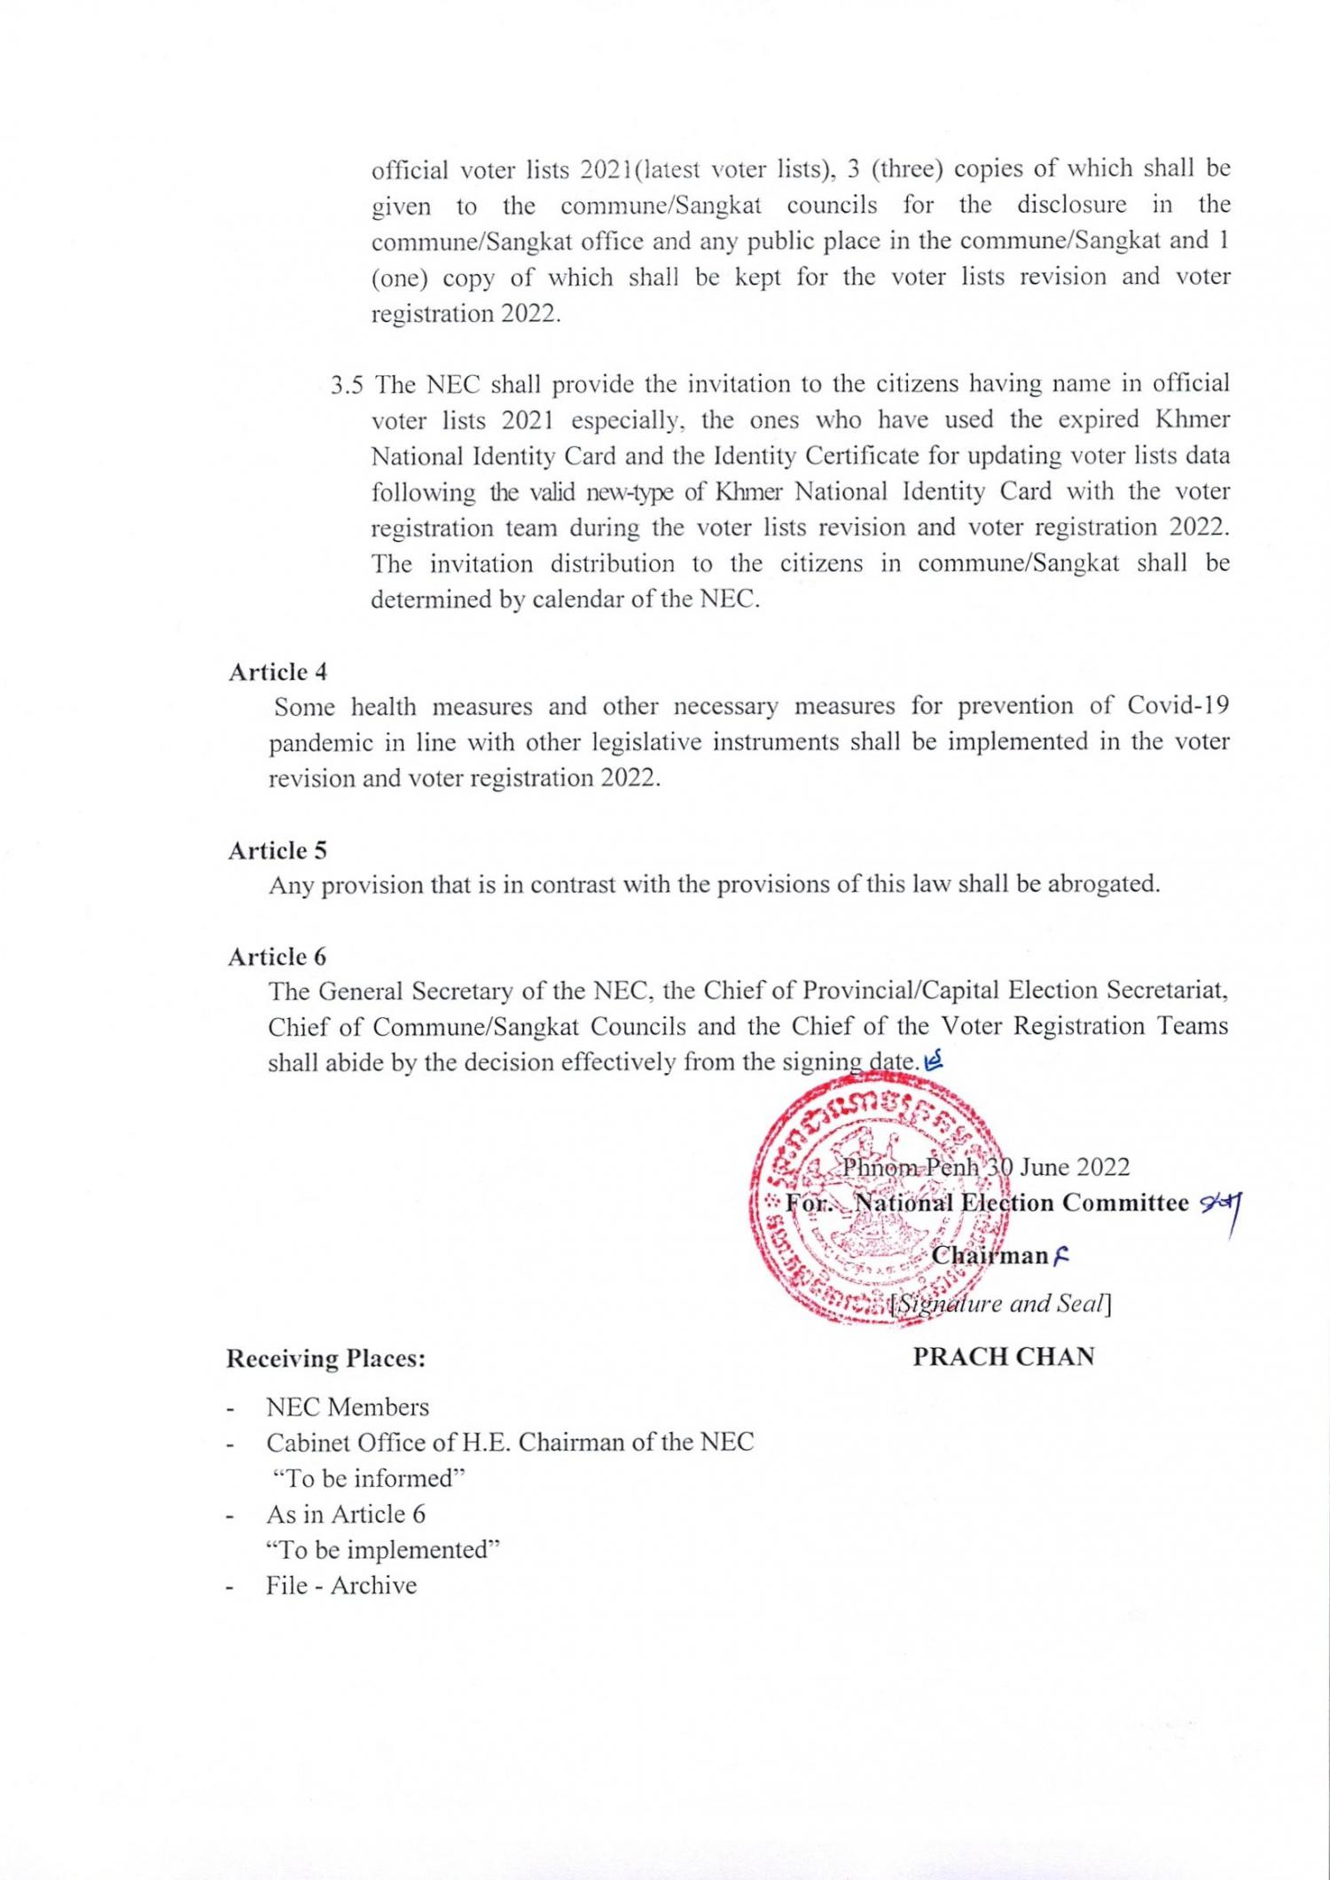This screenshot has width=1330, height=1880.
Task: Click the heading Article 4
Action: tap(278, 672)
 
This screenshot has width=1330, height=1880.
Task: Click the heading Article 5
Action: tap(278, 850)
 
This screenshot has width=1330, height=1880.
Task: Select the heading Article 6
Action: tap(278, 957)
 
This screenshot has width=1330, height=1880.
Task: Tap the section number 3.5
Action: tap(348, 385)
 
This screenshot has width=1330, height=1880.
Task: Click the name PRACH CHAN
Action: tap(1004, 1356)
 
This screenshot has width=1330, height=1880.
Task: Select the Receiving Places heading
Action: tap(325, 1359)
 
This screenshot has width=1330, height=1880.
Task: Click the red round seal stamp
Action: tap(878, 1206)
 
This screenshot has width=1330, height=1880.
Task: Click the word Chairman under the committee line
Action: tap(990, 1256)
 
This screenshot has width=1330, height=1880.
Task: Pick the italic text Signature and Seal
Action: tap(1002, 1304)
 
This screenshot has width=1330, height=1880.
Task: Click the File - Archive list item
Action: tap(341, 1586)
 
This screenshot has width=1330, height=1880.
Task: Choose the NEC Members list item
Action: tap(348, 1407)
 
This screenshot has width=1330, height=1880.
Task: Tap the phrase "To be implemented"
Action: tap(383, 1549)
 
